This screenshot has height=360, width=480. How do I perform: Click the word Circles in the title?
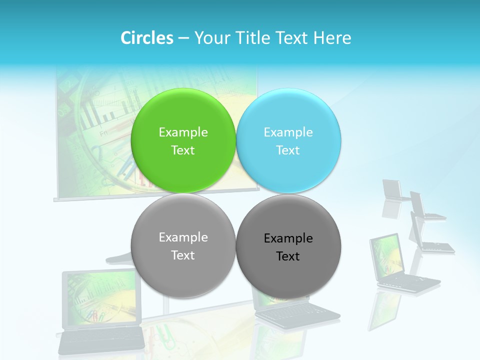coord(146,38)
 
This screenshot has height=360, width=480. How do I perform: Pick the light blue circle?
coord(288,120)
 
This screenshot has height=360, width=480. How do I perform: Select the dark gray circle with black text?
coord(288,272)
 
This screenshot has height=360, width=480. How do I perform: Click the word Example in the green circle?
coord(183,132)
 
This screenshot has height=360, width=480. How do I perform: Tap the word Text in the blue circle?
coord(288,150)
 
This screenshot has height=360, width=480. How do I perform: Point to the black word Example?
coord(288,238)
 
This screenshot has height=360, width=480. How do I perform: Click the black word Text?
coord(288,256)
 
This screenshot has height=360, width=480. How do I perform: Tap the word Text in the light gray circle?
coord(183,255)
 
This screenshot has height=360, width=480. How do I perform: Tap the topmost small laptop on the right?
coord(393,190)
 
